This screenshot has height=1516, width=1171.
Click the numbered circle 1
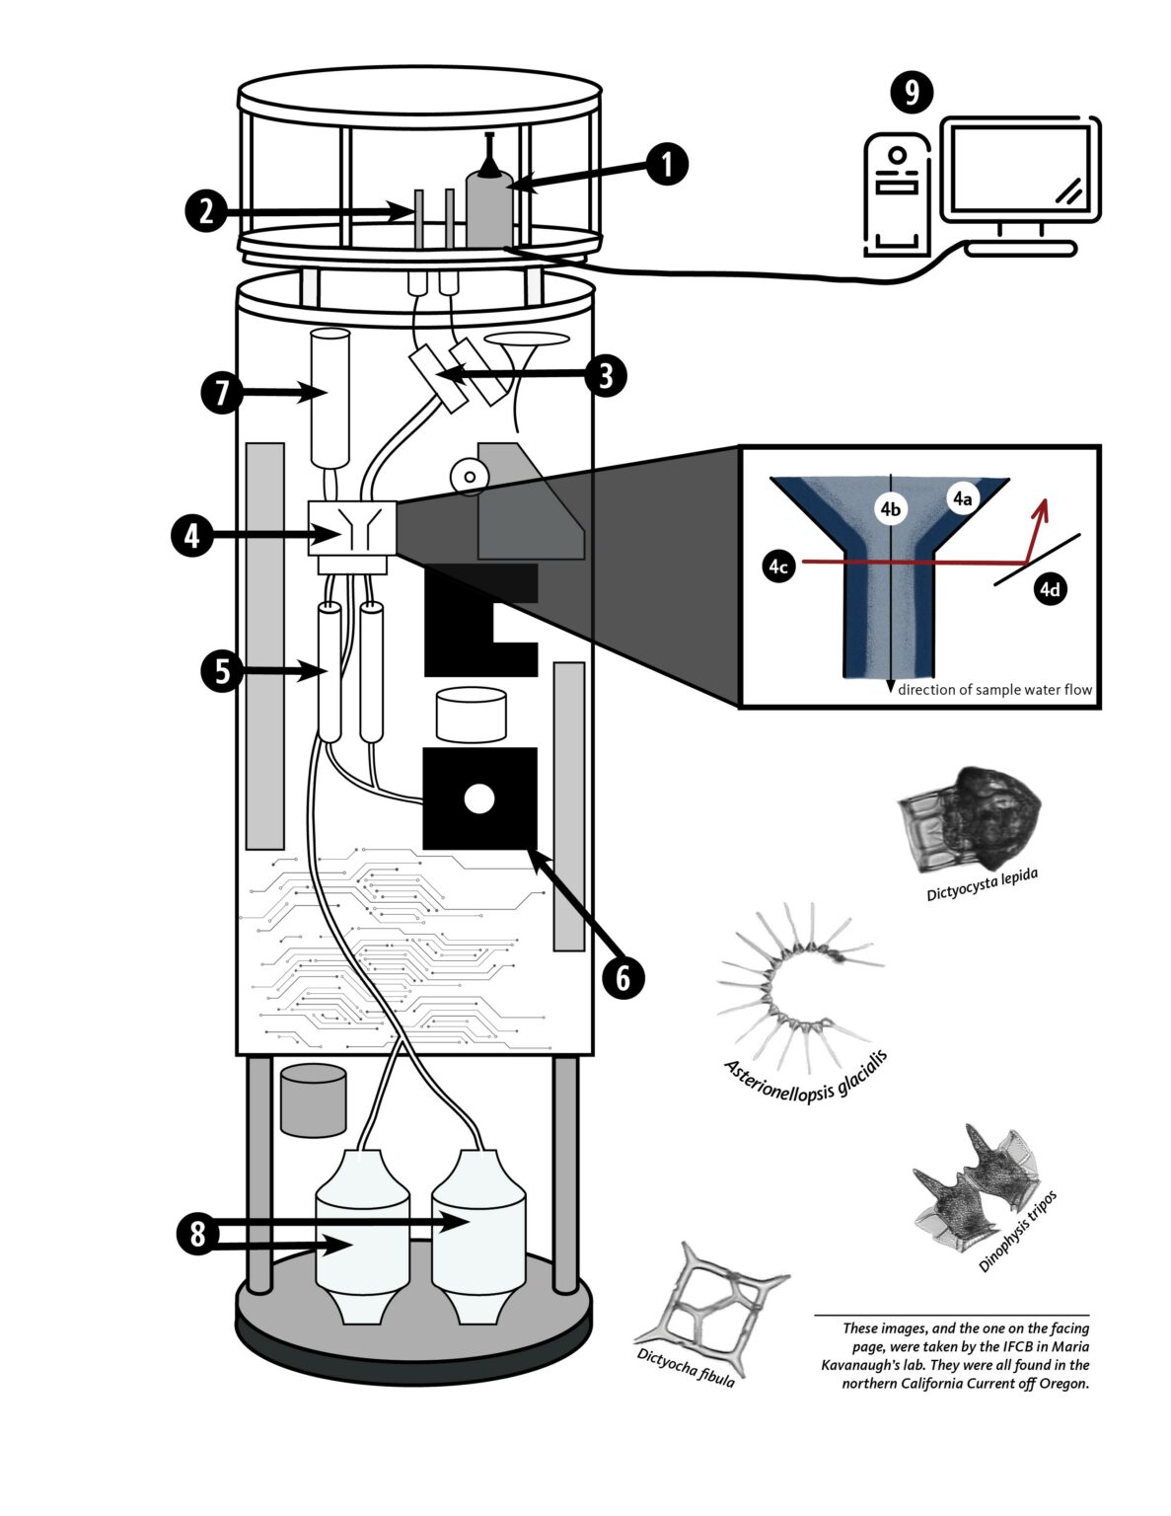668,165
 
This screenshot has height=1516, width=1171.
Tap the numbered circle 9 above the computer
911,93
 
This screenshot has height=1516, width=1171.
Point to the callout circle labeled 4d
1050,589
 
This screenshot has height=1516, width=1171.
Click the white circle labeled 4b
890,509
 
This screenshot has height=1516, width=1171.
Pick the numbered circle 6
623,977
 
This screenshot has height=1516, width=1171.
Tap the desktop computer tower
897,195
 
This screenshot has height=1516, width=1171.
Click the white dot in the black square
478,798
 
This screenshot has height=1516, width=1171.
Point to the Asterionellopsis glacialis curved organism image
789,987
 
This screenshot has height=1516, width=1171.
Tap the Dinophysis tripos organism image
972,1184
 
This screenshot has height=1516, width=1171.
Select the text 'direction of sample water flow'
994,690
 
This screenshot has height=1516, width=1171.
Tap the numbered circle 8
198,1234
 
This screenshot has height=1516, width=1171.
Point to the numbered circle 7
222,393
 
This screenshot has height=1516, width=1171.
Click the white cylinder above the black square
472,716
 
